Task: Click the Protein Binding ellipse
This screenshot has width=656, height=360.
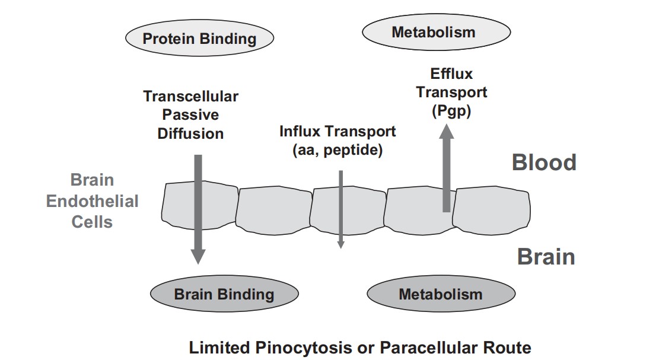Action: point(199,39)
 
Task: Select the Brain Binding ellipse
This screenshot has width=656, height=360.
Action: point(224,294)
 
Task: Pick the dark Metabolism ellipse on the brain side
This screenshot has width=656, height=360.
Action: point(440,294)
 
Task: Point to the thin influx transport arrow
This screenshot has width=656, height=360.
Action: point(340,208)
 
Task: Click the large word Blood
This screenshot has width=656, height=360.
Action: point(544,163)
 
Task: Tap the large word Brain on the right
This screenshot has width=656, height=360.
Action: point(546,257)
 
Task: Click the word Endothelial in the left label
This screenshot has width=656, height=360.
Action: point(92,201)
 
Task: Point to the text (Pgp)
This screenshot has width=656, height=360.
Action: point(451,111)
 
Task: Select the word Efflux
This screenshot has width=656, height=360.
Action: point(451,74)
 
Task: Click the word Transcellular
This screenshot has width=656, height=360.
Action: point(190,96)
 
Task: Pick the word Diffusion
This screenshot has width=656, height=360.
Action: point(190,133)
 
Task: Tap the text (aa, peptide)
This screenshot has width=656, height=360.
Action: point(337,150)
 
